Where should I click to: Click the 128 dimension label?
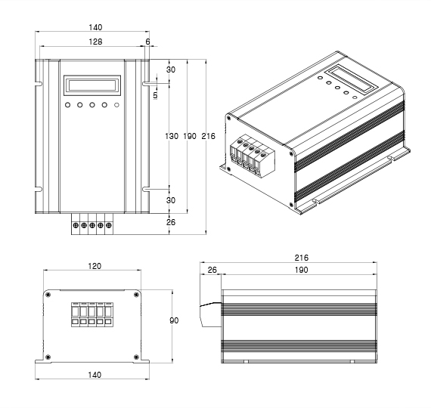[x=95, y=42]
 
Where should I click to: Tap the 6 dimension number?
[x=148, y=42]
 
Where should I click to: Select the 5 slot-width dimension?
[x=155, y=95]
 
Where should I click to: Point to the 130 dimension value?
[x=172, y=136]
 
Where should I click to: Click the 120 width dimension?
[x=95, y=266]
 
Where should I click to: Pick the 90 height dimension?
[x=174, y=320]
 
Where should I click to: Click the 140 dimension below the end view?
[x=95, y=375]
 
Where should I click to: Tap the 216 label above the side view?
[x=301, y=258]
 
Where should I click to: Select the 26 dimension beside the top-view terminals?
[x=171, y=222]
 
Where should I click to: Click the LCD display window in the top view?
[x=92, y=85]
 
